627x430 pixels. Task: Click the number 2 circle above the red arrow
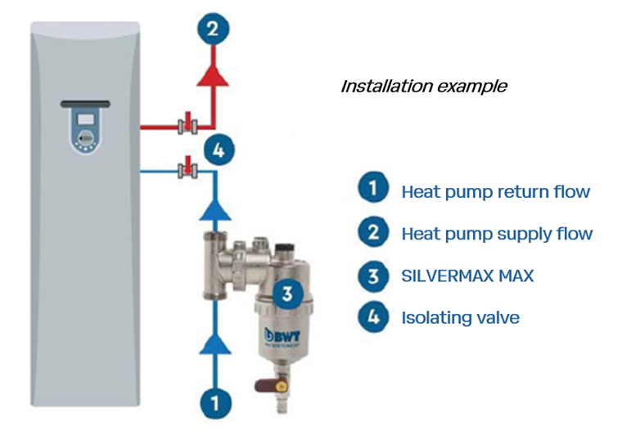click(x=214, y=30)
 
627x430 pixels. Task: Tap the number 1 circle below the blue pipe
click(x=214, y=402)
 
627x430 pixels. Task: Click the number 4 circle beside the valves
click(x=219, y=150)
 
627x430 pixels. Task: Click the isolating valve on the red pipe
click(x=186, y=126)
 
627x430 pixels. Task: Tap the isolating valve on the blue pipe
click(x=186, y=170)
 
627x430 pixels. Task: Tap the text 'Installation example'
click(x=423, y=86)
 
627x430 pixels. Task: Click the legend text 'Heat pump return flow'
click(x=495, y=192)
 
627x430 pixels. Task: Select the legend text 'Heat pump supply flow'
click(x=497, y=234)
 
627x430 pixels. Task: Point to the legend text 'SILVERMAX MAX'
click(x=467, y=275)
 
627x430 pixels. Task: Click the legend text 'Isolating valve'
click(x=460, y=317)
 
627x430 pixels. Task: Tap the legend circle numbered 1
click(x=373, y=190)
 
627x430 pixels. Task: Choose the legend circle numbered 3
click(x=373, y=275)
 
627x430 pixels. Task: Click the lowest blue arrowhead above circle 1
click(x=214, y=343)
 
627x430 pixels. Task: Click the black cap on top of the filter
click(x=284, y=244)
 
